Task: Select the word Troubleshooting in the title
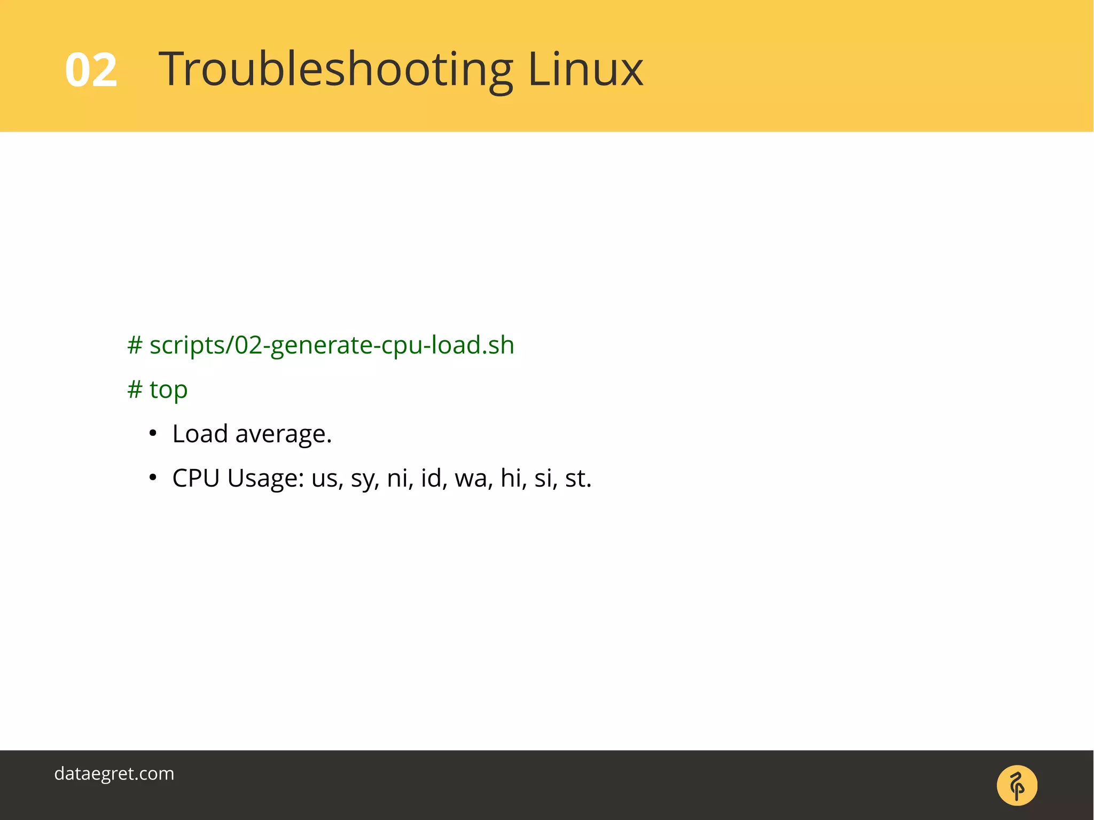click(x=335, y=70)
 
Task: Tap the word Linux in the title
click(x=585, y=69)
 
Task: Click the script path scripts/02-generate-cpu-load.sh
click(x=332, y=346)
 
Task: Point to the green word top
click(x=168, y=390)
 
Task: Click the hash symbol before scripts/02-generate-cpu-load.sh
click(x=135, y=346)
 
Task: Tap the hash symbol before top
click(x=135, y=390)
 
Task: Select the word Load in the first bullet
click(x=200, y=434)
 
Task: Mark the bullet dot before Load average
click(x=153, y=433)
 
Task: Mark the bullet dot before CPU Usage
click(x=153, y=478)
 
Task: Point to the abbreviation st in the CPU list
click(x=577, y=479)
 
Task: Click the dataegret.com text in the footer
click(x=114, y=774)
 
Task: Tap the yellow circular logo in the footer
click(x=1017, y=785)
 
